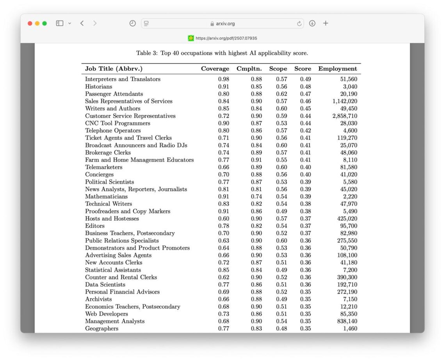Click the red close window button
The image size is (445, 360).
[x=30, y=23]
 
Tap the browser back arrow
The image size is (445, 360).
[x=82, y=23]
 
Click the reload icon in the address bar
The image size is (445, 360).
[x=299, y=23]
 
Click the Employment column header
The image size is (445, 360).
[x=338, y=69]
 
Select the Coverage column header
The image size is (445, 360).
[x=215, y=69]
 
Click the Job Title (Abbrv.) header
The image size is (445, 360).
[x=114, y=69]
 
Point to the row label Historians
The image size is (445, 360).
[x=99, y=87]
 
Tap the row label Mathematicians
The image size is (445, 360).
[x=107, y=196]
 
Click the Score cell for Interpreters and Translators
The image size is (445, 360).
[x=305, y=79]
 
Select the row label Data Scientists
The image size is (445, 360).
[x=105, y=285]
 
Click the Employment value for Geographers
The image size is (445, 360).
[x=349, y=329]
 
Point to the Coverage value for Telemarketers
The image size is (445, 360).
[x=224, y=167]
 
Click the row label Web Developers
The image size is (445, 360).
[x=107, y=314]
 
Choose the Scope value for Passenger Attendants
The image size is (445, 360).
[x=281, y=94]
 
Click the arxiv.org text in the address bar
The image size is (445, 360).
[x=225, y=23]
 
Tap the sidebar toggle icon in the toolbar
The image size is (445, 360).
[x=60, y=23]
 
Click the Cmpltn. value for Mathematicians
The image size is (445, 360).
[x=256, y=196]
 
